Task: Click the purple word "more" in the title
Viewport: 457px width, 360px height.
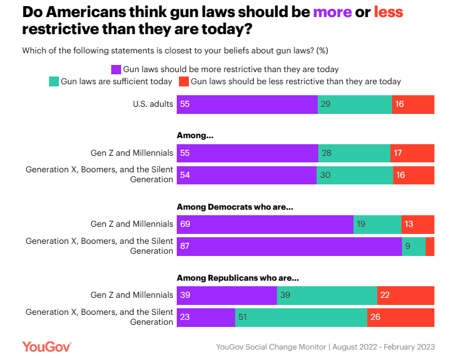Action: (332, 12)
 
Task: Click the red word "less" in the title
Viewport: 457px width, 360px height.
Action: (388, 12)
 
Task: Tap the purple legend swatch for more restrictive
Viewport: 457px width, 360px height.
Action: (116, 69)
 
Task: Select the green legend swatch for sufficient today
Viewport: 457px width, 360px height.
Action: (53, 81)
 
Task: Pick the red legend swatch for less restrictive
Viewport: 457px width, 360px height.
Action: (183, 81)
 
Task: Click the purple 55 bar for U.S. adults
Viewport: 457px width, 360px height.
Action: (247, 104)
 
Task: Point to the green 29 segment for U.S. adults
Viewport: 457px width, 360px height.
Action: (355, 104)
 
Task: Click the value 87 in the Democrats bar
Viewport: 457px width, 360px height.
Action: (185, 246)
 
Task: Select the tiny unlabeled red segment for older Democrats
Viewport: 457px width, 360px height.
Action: (430, 246)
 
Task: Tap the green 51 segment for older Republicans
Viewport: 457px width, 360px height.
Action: (301, 317)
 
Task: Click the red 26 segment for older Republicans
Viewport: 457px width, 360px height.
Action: (401, 317)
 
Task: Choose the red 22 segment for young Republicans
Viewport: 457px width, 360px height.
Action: (406, 295)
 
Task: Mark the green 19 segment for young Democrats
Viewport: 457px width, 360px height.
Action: (377, 224)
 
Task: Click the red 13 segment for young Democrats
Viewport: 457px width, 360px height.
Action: (418, 224)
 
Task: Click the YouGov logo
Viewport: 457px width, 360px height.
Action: (46, 346)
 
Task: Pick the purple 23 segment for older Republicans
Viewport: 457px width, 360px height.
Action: (206, 317)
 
